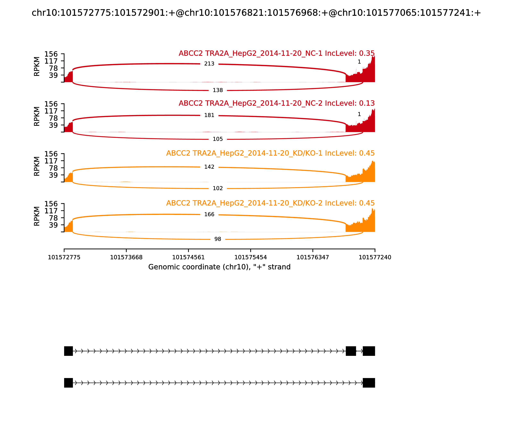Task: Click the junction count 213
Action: pyautogui.click(x=209, y=64)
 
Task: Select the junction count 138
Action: pyautogui.click(x=218, y=90)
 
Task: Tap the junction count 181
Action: pyautogui.click(x=209, y=115)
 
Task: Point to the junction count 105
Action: pyautogui.click(x=218, y=139)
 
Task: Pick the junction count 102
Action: pyautogui.click(x=218, y=188)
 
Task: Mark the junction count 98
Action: pyautogui.click(x=218, y=239)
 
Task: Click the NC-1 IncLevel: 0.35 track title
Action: pyautogui.click(x=277, y=53)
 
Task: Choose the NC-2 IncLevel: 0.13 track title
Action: pyautogui.click(x=277, y=103)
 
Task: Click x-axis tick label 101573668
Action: pyautogui.click(x=126, y=257)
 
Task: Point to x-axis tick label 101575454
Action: pyautogui.click(x=250, y=257)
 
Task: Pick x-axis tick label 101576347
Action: pyautogui.click(x=313, y=257)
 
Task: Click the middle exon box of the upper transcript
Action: pyautogui.click(x=351, y=351)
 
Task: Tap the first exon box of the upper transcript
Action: pyautogui.click(x=68, y=351)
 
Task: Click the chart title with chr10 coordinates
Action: pyautogui.click(x=256, y=13)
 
